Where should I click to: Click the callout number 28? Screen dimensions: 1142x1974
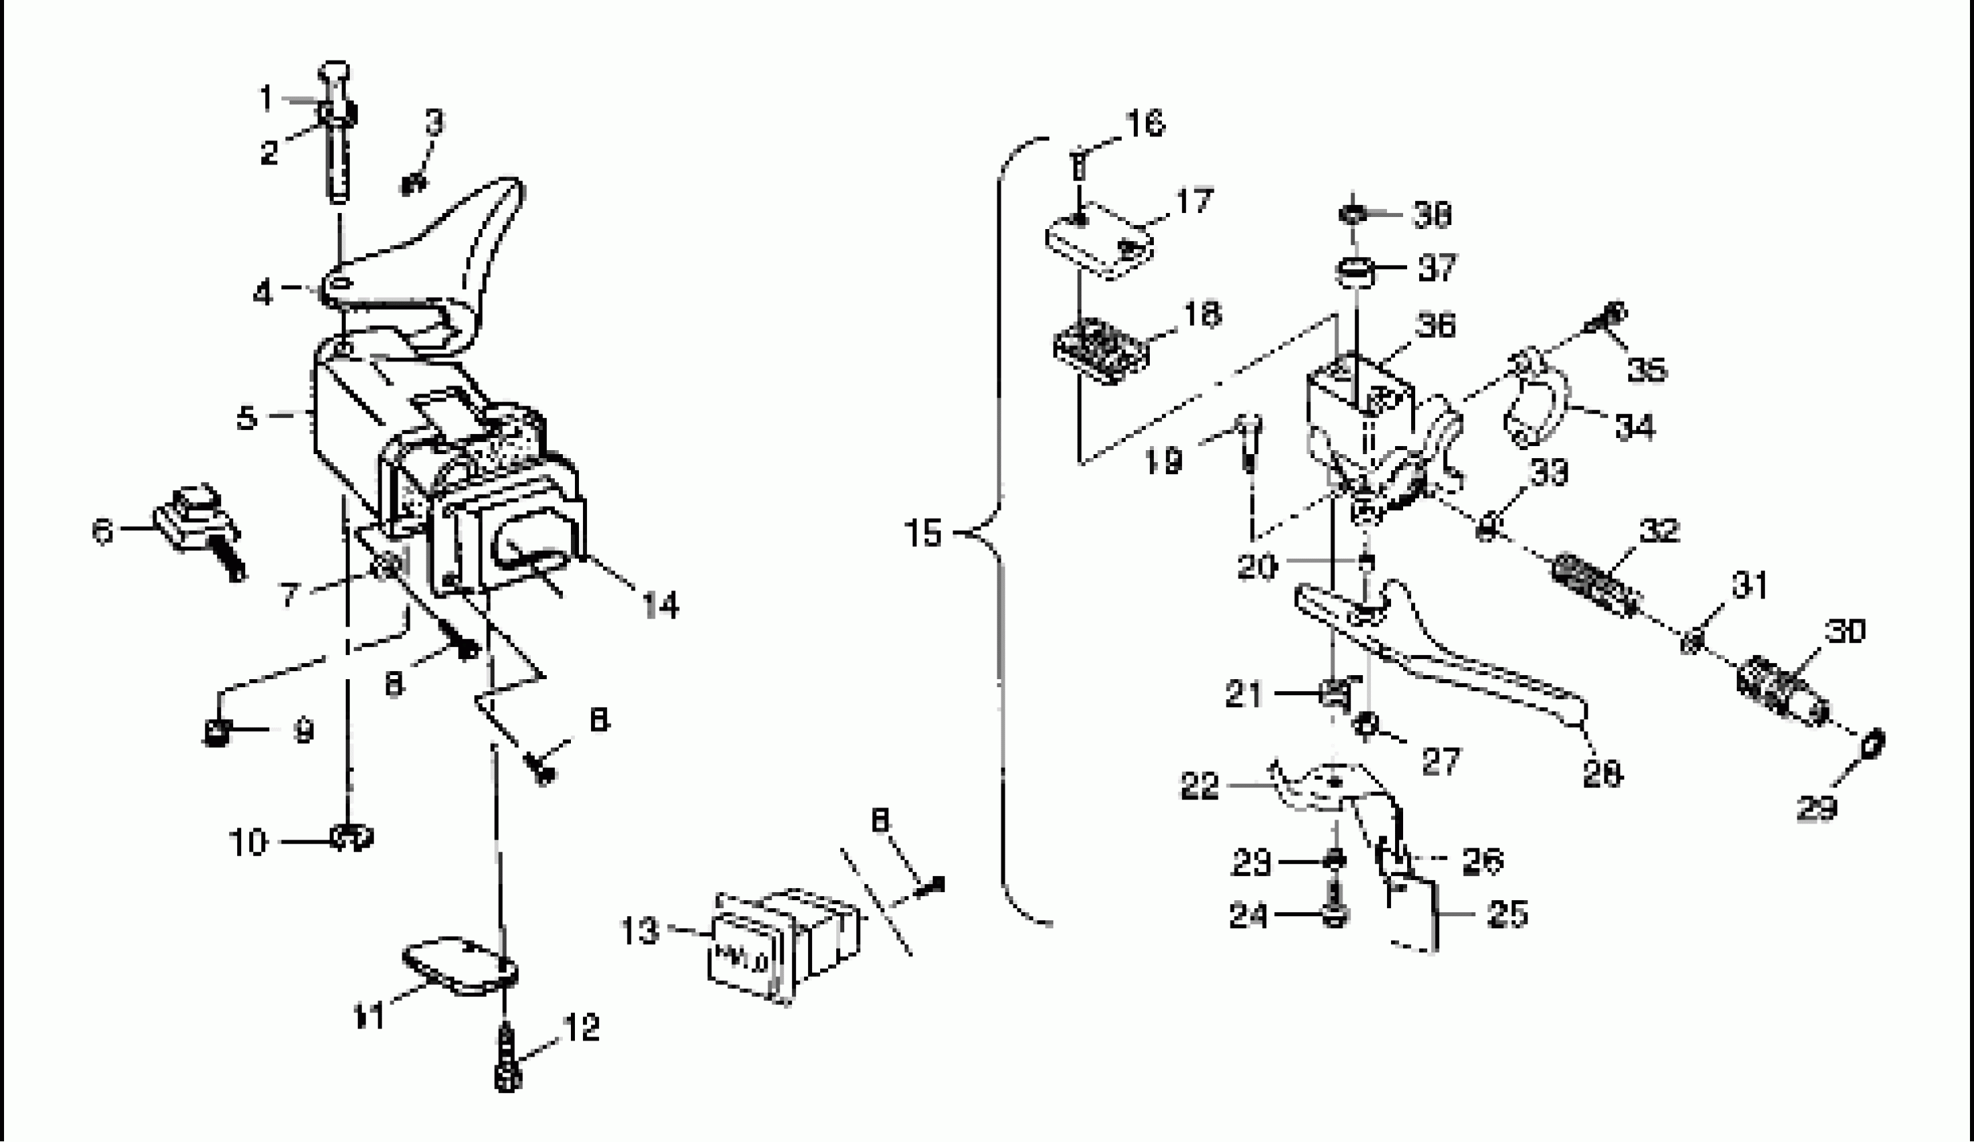(x=1601, y=775)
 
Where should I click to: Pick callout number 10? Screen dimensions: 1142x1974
(x=248, y=843)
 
